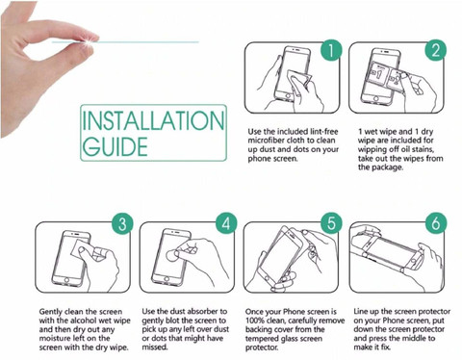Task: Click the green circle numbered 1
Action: pos(331,50)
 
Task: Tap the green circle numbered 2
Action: pos(436,50)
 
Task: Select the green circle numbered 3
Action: pos(122,223)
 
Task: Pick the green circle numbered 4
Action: pos(226,223)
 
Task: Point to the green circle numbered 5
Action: pos(331,223)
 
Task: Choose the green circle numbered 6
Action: pos(436,223)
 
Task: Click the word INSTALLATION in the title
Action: pos(153,120)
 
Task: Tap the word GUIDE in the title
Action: pos(115,146)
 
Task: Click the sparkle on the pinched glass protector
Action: pos(88,41)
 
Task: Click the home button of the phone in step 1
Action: pos(288,96)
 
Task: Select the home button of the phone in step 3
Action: pos(66,280)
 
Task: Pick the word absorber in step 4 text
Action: pos(203,311)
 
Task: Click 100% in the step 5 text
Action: pos(254,321)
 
